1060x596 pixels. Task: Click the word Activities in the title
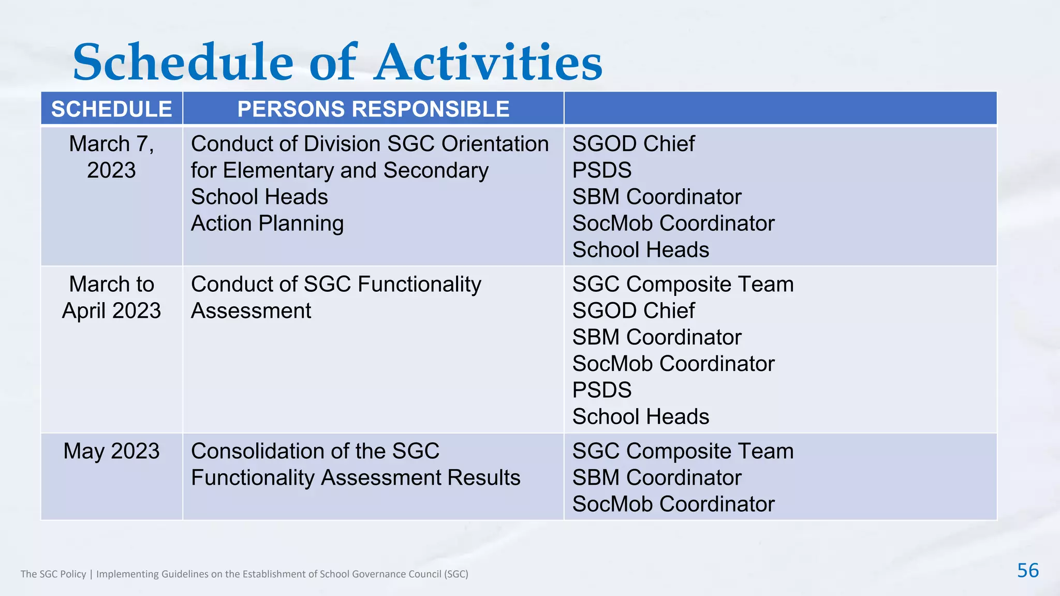pyautogui.click(x=489, y=63)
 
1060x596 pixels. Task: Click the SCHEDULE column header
pyautogui.click(x=111, y=109)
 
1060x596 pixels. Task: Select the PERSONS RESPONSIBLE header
pyautogui.click(x=373, y=109)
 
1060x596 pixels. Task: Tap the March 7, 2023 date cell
pyautogui.click(x=111, y=157)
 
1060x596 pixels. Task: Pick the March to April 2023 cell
pyautogui.click(x=111, y=297)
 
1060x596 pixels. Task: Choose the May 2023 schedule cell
pyautogui.click(x=111, y=451)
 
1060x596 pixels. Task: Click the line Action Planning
pyautogui.click(x=267, y=224)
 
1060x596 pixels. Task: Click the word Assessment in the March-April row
pyautogui.click(x=251, y=311)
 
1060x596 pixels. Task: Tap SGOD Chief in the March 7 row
pyautogui.click(x=633, y=144)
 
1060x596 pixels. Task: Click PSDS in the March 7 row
pyautogui.click(x=601, y=170)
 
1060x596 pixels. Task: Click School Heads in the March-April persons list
pyautogui.click(x=640, y=416)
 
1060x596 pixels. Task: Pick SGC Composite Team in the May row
pyautogui.click(x=682, y=451)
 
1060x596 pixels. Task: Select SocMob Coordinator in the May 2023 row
pyautogui.click(x=673, y=504)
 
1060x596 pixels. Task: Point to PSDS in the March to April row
pyautogui.click(x=601, y=390)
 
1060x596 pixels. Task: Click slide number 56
pyautogui.click(x=1027, y=571)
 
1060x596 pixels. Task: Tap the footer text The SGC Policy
pyautogui.click(x=53, y=574)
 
